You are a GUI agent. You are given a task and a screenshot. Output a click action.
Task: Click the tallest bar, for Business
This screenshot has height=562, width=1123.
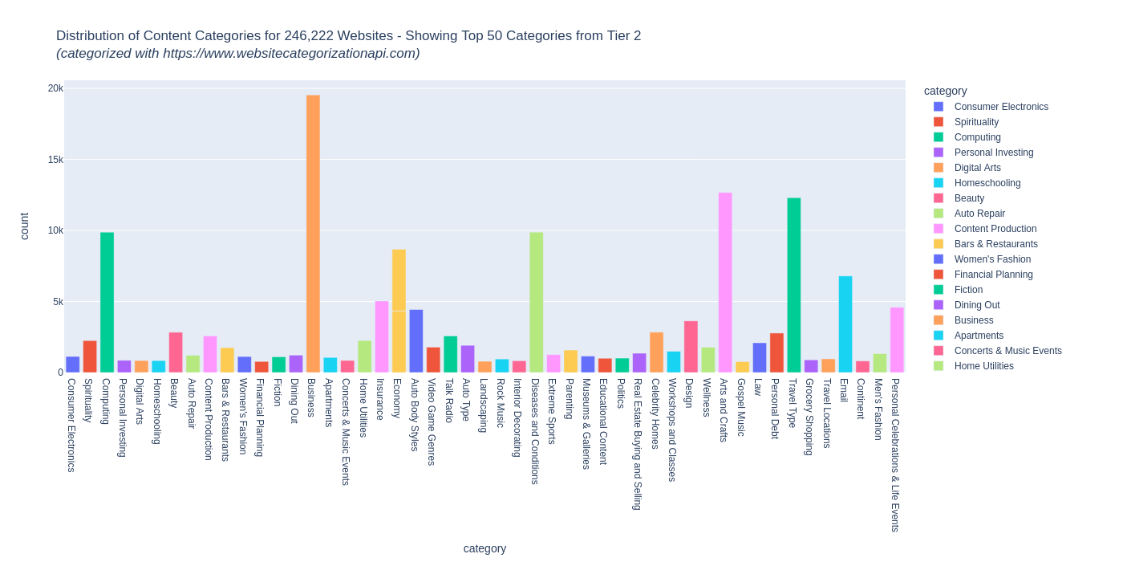313,234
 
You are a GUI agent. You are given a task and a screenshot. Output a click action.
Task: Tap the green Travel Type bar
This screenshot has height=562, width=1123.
794,285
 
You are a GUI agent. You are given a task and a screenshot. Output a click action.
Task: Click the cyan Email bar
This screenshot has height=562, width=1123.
845,324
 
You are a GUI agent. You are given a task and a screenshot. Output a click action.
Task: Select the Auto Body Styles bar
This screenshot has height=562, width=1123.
416,341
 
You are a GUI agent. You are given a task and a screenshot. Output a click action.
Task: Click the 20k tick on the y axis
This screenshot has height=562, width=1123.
55,88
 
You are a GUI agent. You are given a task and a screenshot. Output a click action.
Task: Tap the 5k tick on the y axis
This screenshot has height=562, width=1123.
58,302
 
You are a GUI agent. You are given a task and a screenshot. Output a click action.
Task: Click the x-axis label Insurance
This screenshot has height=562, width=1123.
381,399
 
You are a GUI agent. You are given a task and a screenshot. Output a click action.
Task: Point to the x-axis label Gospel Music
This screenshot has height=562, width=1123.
742,407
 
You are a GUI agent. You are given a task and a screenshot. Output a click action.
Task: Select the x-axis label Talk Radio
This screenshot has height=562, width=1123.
450,401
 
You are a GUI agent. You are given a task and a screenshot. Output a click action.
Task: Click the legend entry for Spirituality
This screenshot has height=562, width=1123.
976,122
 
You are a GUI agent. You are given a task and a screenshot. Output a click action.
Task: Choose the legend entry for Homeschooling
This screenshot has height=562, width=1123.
987,183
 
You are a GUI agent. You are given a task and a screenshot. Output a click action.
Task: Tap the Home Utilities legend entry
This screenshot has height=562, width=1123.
983,366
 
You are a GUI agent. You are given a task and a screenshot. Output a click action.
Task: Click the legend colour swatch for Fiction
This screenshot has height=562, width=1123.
939,290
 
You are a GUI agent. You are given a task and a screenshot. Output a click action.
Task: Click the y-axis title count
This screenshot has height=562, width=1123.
24,226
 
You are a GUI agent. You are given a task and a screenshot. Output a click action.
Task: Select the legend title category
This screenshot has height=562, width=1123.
945,91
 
